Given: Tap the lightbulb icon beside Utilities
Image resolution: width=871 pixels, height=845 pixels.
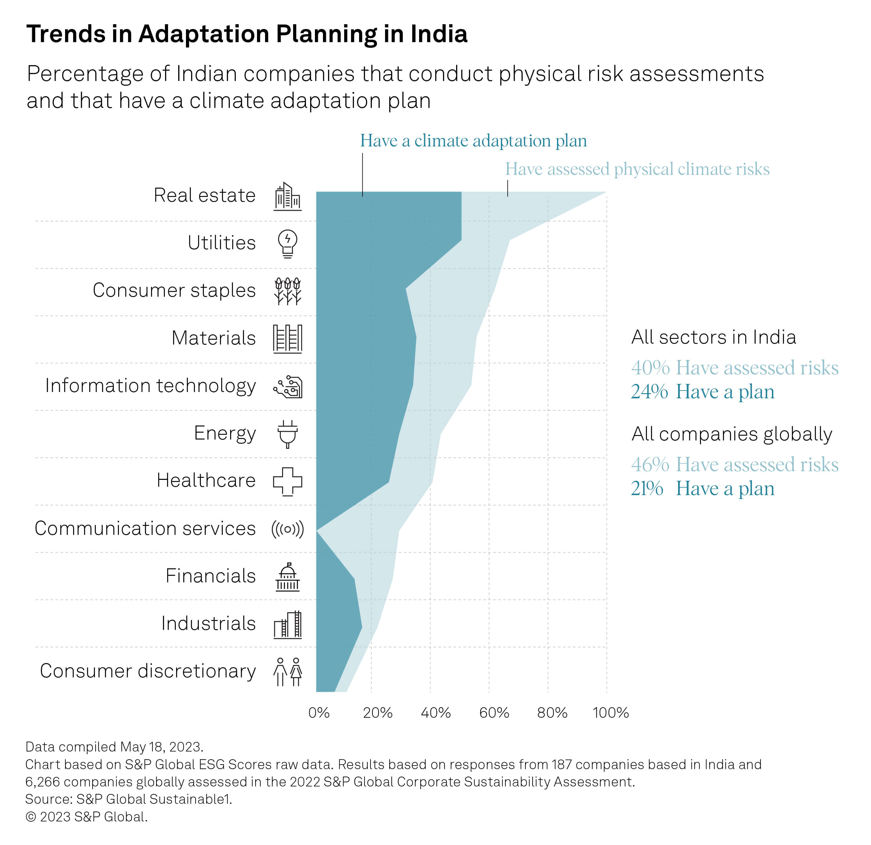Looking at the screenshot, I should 287,244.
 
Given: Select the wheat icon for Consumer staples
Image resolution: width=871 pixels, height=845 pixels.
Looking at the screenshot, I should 287,291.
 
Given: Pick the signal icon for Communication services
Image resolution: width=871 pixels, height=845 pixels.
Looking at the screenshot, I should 287,529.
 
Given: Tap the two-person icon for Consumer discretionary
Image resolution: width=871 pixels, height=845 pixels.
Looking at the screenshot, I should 287,672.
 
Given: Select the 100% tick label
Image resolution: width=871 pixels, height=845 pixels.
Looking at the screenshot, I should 611,713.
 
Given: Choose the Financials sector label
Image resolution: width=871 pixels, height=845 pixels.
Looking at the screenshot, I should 211,576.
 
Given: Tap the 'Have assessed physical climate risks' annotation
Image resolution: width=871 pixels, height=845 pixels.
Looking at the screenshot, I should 637,169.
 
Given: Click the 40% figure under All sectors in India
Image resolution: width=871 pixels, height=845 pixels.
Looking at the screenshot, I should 650,368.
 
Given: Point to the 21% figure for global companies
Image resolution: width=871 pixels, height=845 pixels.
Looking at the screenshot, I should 647,488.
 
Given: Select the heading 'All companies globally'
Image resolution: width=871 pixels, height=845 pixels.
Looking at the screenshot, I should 732,434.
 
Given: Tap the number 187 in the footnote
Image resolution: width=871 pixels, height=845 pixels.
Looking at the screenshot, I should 562,765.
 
